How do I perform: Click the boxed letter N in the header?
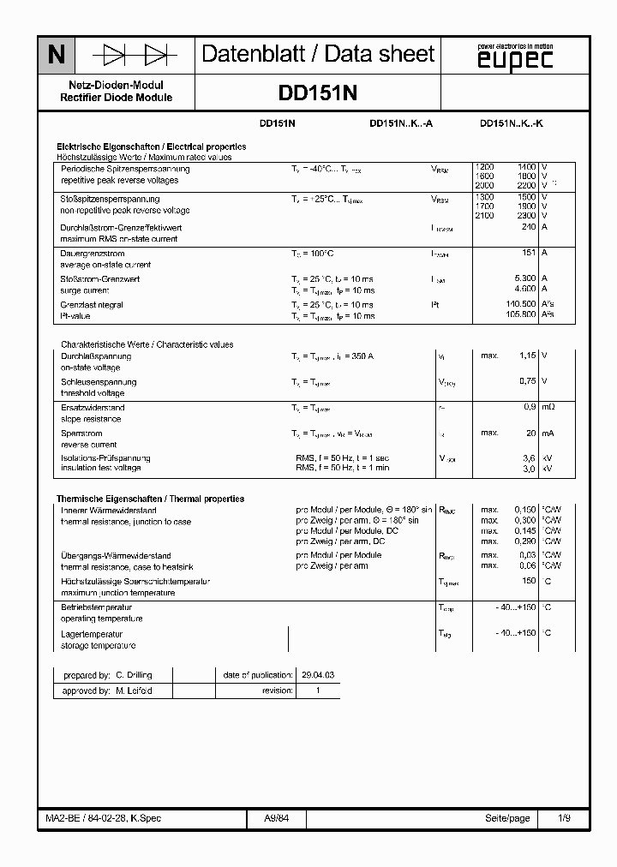pos(56,56)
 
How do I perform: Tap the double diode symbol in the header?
pos(136,56)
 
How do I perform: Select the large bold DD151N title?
pos(318,93)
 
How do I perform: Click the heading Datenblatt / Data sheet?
pos(318,55)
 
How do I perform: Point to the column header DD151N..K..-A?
pos(401,123)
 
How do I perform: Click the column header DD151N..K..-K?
pos(512,123)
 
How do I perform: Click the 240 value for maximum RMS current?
pos(528,227)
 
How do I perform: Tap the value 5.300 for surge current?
pos(524,278)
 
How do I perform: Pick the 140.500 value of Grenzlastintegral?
pos(520,304)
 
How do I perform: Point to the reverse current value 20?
pos(530,433)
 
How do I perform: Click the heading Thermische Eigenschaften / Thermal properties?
pos(150,499)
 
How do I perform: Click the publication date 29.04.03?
pos(316,675)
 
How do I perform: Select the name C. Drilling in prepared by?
pos(133,675)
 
